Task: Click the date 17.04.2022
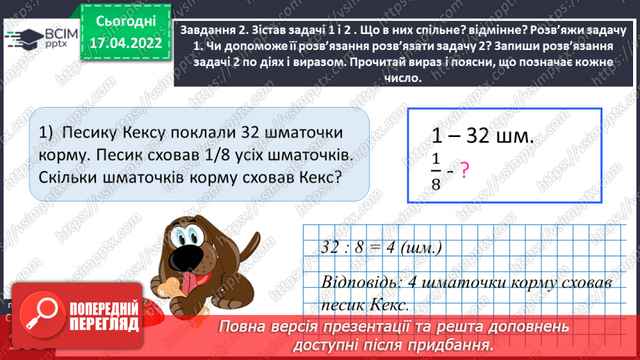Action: coord(125,42)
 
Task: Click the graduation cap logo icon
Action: coord(23,37)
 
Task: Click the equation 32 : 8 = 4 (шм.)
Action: coord(382,248)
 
